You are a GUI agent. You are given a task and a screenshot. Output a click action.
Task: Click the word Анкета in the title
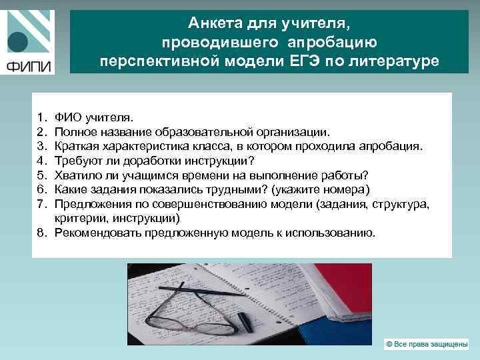tap(212, 24)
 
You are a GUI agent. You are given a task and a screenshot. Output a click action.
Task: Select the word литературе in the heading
tap(397, 61)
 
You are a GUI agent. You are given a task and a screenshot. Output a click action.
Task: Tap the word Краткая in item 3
tap(76, 146)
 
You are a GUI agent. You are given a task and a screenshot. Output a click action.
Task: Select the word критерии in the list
tap(77, 218)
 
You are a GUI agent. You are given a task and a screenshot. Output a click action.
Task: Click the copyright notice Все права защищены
tap(427, 343)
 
